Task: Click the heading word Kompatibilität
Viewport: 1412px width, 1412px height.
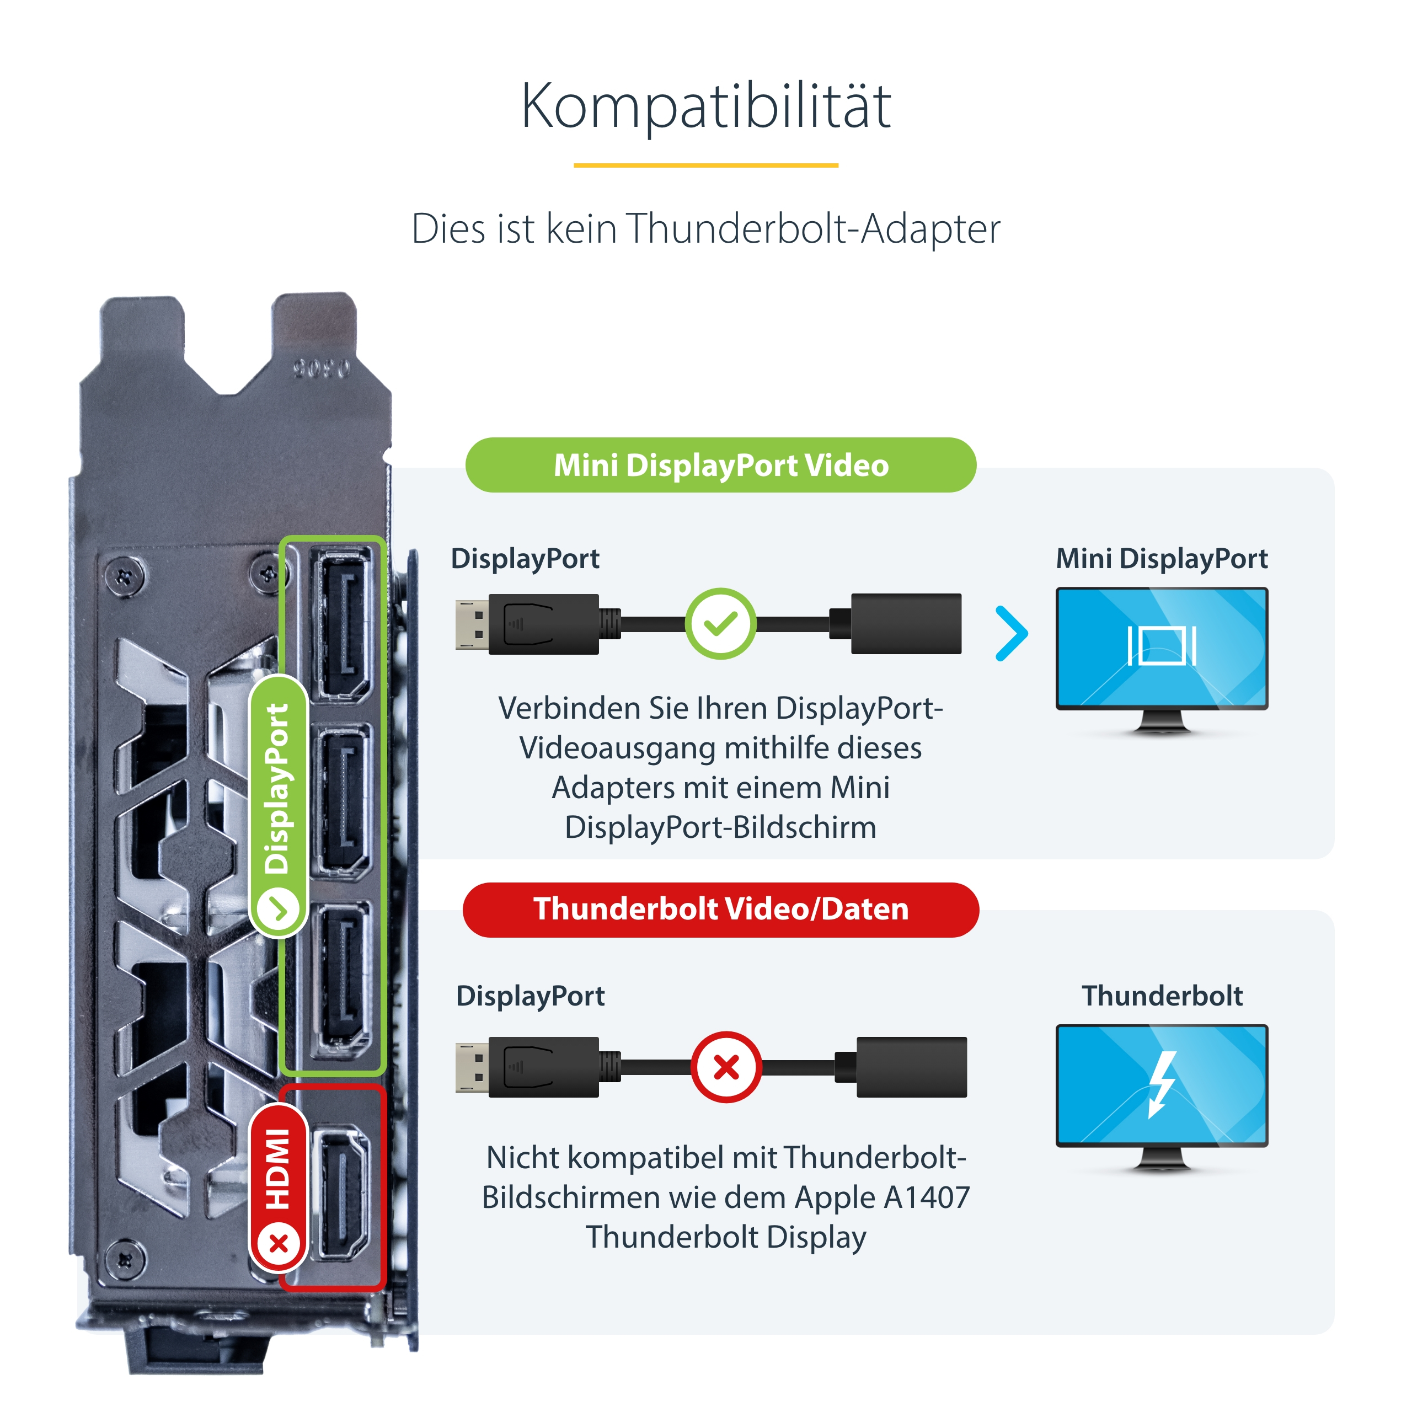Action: tap(706, 106)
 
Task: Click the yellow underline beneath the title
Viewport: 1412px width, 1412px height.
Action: tap(706, 165)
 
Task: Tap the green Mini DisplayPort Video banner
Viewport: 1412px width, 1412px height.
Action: tap(721, 465)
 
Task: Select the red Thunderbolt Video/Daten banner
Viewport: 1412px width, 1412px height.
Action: tap(721, 909)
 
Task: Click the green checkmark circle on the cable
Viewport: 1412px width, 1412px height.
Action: tap(721, 623)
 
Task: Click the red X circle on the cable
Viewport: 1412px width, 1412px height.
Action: tap(726, 1067)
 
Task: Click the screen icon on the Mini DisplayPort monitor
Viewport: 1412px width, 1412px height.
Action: tap(1162, 645)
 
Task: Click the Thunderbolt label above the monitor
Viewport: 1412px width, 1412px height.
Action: tap(1162, 996)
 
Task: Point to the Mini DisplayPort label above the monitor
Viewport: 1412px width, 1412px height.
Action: tap(1162, 558)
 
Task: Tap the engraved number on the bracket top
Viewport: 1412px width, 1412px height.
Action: tap(322, 368)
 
